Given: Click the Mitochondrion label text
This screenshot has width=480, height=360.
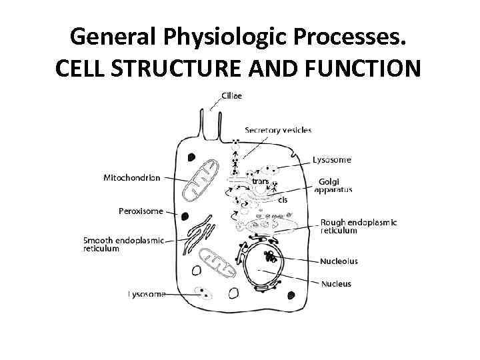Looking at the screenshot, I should pos(132,178).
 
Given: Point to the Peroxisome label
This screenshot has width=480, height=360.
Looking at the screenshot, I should pos(141,211).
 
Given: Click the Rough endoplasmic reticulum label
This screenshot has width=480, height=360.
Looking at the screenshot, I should pos(358,226).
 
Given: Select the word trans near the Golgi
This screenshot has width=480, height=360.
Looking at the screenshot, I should pos(260,180).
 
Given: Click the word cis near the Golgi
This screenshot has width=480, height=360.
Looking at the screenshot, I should pos(283,199).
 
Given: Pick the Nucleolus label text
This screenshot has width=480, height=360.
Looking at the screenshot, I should pos(339,261).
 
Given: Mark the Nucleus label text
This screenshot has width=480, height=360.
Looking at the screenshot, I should pos(336,284).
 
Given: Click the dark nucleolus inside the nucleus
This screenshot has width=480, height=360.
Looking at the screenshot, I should pos(270,257).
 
